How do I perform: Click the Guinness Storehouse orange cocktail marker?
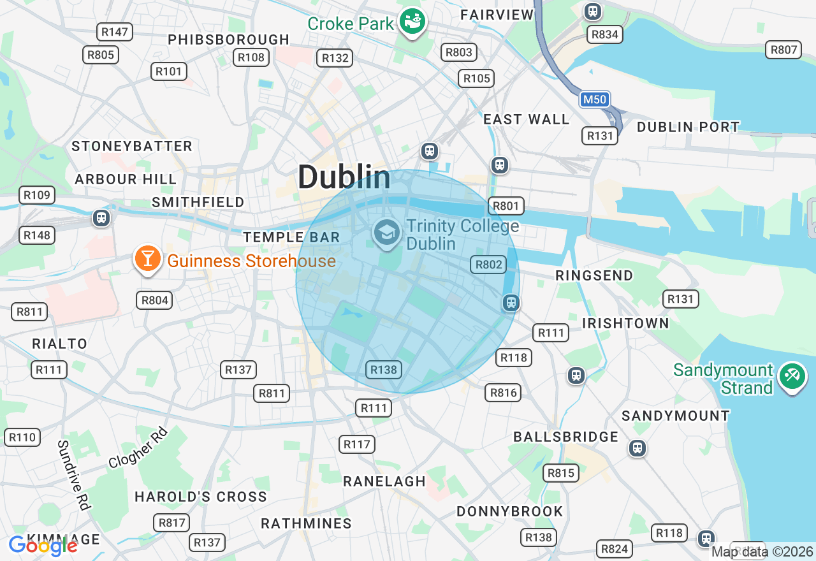pos(147,259)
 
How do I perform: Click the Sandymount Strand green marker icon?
pos(792,376)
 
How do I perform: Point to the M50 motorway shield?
pos(595,99)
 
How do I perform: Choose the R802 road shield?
pos(488,265)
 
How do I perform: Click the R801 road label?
pos(506,206)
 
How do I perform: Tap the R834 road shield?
pos(604,34)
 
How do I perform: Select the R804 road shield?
pos(154,300)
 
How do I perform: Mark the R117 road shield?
pos(357,444)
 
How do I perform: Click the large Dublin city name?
pos(344,177)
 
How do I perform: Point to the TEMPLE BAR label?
pos(291,237)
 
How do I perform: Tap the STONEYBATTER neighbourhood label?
pos(132,146)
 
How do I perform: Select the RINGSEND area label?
pos(594,275)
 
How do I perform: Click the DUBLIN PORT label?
pos(688,127)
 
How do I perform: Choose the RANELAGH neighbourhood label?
pos(384,481)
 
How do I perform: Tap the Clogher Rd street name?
pos(138,448)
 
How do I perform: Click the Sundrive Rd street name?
pos(73,474)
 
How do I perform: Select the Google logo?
pos(43,546)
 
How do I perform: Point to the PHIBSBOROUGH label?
pos(229,40)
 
